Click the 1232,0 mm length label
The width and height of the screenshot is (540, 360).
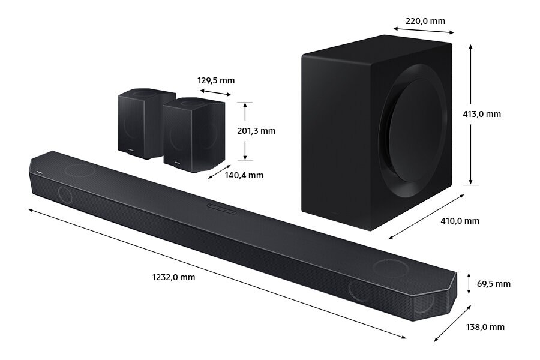tap(173, 277)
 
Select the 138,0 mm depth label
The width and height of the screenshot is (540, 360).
tap(485, 327)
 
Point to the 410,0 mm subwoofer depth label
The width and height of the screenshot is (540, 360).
tap(460, 221)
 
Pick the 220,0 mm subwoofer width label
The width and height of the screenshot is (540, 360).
tap(425, 21)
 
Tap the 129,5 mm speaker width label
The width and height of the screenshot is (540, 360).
tap(216, 80)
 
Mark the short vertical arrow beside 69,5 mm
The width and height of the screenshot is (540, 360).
tap(469, 283)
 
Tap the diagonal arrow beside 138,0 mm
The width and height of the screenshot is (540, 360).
tap(452, 324)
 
